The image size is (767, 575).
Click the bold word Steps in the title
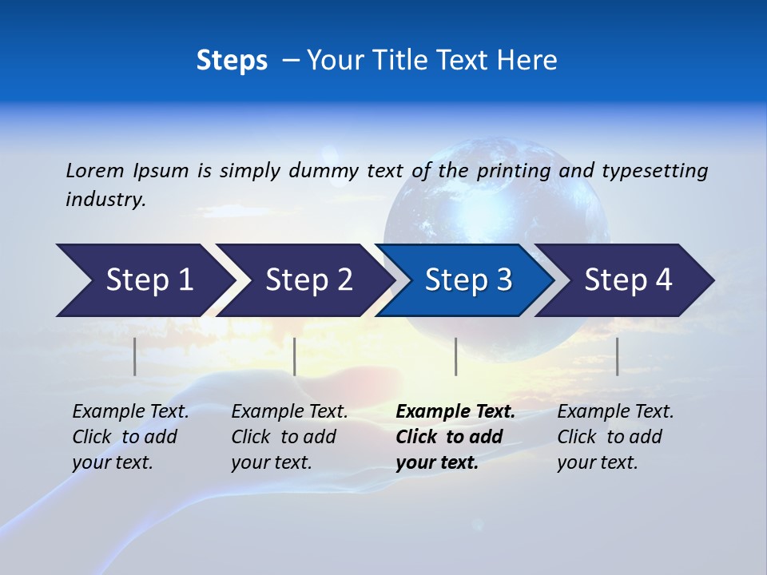(232, 61)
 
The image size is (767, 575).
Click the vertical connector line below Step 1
(135, 356)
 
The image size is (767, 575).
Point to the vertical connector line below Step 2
(295, 356)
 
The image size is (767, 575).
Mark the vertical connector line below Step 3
(456, 356)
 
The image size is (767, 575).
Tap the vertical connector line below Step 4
(618, 356)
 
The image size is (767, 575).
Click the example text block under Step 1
(130, 437)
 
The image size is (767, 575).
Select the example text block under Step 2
(289, 437)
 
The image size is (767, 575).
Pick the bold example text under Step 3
(455, 437)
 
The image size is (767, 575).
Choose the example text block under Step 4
(615, 437)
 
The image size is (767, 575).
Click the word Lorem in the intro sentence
(95, 170)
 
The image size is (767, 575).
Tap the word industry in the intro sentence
(105, 200)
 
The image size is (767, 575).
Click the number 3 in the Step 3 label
(503, 280)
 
